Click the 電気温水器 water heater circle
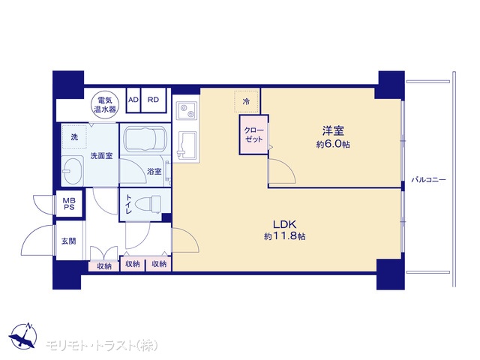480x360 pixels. coord(105,105)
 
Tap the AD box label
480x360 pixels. coord(133,100)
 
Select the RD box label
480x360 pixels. coord(153,100)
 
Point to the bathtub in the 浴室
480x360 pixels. coord(145,139)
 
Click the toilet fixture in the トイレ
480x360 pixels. coord(148,203)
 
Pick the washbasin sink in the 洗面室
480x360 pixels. coord(73,171)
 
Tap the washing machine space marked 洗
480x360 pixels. coord(74,136)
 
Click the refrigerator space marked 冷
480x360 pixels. coord(247,101)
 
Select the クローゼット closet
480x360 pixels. coord(253,135)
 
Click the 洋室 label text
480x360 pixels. coord(333,130)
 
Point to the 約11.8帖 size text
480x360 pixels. coord(285,236)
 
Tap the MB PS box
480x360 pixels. coord(69,203)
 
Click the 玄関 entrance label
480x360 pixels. coord(68,241)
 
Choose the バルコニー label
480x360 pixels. coord(428,180)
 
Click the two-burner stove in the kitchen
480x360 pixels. coord(187,111)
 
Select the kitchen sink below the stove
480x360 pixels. coord(187,146)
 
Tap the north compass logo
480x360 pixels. coord(23,336)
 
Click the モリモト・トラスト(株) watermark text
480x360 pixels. coord(102,346)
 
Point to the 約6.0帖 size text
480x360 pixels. coord(333,144)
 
